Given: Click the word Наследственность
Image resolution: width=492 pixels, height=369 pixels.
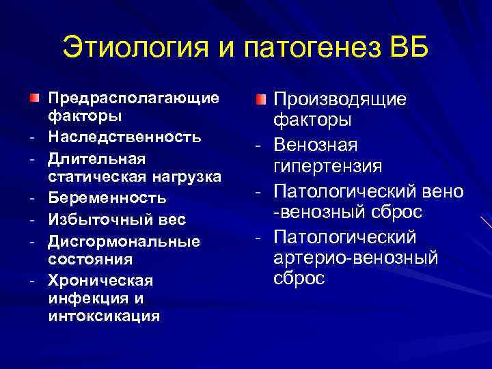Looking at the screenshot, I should [125, 137].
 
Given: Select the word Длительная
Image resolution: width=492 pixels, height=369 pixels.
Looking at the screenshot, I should [97, 158].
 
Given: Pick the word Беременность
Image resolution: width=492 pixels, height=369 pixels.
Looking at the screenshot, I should [107, 199].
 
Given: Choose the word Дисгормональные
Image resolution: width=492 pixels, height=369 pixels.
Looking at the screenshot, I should [124, 241].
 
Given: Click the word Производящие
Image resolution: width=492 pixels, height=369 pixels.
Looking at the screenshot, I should [340, 99].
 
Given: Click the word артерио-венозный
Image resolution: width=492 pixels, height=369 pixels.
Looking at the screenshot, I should [356, 258].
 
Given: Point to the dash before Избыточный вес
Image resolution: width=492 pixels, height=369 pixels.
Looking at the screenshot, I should [33, 220].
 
